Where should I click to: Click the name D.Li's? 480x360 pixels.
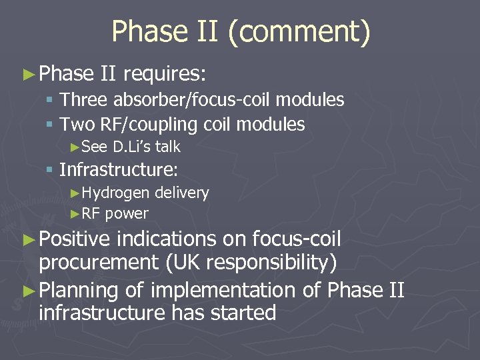click(133, 147)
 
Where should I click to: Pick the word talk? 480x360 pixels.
click(168, 147)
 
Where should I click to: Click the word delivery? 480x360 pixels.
click(181, 193)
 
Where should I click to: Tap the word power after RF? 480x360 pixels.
click(127, 214)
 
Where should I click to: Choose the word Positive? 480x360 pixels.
click(75, 239)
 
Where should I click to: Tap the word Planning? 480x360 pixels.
click(79, 290)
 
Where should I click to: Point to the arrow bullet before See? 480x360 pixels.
click(75, 147)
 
